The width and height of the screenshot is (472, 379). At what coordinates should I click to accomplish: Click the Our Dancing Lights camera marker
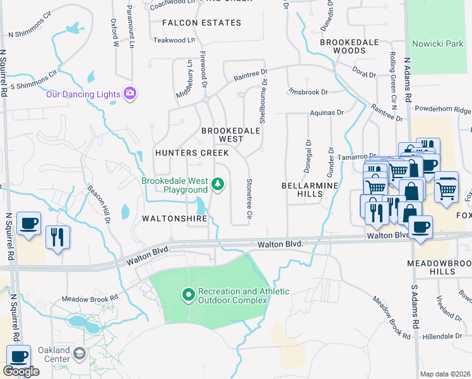point(130,94)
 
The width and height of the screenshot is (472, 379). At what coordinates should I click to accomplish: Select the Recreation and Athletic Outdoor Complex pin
point(187,295)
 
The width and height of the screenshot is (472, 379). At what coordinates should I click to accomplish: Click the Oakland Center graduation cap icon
point(79,353)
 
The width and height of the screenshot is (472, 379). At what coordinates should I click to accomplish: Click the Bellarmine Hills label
point(309,189)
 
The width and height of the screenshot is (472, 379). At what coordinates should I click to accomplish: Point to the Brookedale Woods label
point(349,46)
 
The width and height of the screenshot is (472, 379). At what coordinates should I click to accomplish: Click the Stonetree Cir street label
point(249,200)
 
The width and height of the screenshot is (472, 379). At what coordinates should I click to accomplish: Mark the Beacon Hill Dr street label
point(100,205)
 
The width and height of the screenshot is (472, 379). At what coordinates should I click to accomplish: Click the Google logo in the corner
point(21,371)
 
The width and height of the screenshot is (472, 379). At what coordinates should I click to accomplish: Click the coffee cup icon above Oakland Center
point(18,357)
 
